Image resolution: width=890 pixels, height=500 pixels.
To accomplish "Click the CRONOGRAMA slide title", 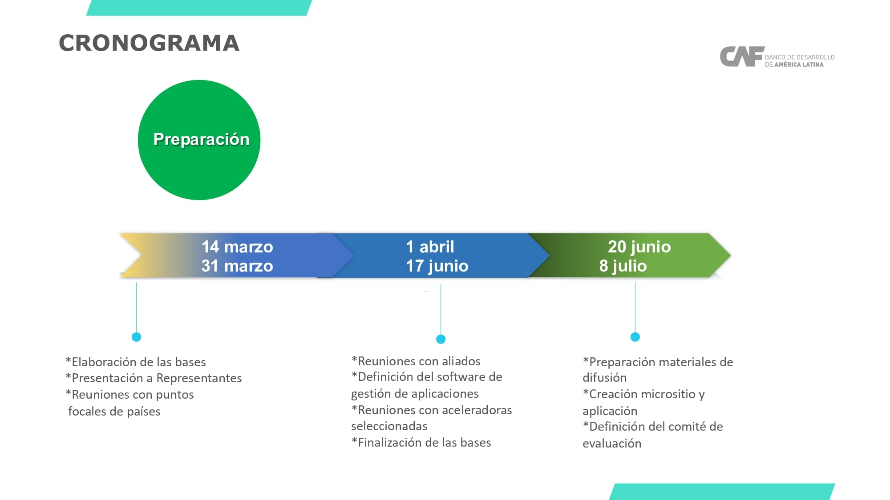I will [149, 43].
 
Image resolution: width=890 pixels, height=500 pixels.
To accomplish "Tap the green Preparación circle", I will [199, 140].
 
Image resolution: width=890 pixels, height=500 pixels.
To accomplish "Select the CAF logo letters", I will [742, 57].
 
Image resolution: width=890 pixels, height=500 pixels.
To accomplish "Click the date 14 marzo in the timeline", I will [237, 247].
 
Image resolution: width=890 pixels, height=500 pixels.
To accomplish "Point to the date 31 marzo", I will [237, 266].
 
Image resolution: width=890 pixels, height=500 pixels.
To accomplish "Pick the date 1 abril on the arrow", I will [430, 247].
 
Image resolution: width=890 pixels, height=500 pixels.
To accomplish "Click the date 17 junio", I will [437, 266].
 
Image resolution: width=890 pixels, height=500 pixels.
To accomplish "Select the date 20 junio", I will [639, 247].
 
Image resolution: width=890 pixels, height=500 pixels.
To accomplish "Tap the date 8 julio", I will [623, 266].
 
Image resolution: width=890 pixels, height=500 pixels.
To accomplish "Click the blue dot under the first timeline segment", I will [137, 337].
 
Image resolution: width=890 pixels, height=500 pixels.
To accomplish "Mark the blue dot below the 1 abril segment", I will [441, 339].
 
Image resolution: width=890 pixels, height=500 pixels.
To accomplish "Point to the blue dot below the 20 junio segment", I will [635, 337].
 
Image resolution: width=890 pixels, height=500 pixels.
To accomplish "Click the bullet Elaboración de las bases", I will [136, 362].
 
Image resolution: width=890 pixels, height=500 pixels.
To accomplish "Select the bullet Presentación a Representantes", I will [154, 378].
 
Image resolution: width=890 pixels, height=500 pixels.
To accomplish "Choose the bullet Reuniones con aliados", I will [416, 361].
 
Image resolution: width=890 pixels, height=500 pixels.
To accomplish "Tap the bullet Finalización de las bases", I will [421, 443].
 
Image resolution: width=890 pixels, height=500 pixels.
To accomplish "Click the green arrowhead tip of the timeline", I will [723, 256].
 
